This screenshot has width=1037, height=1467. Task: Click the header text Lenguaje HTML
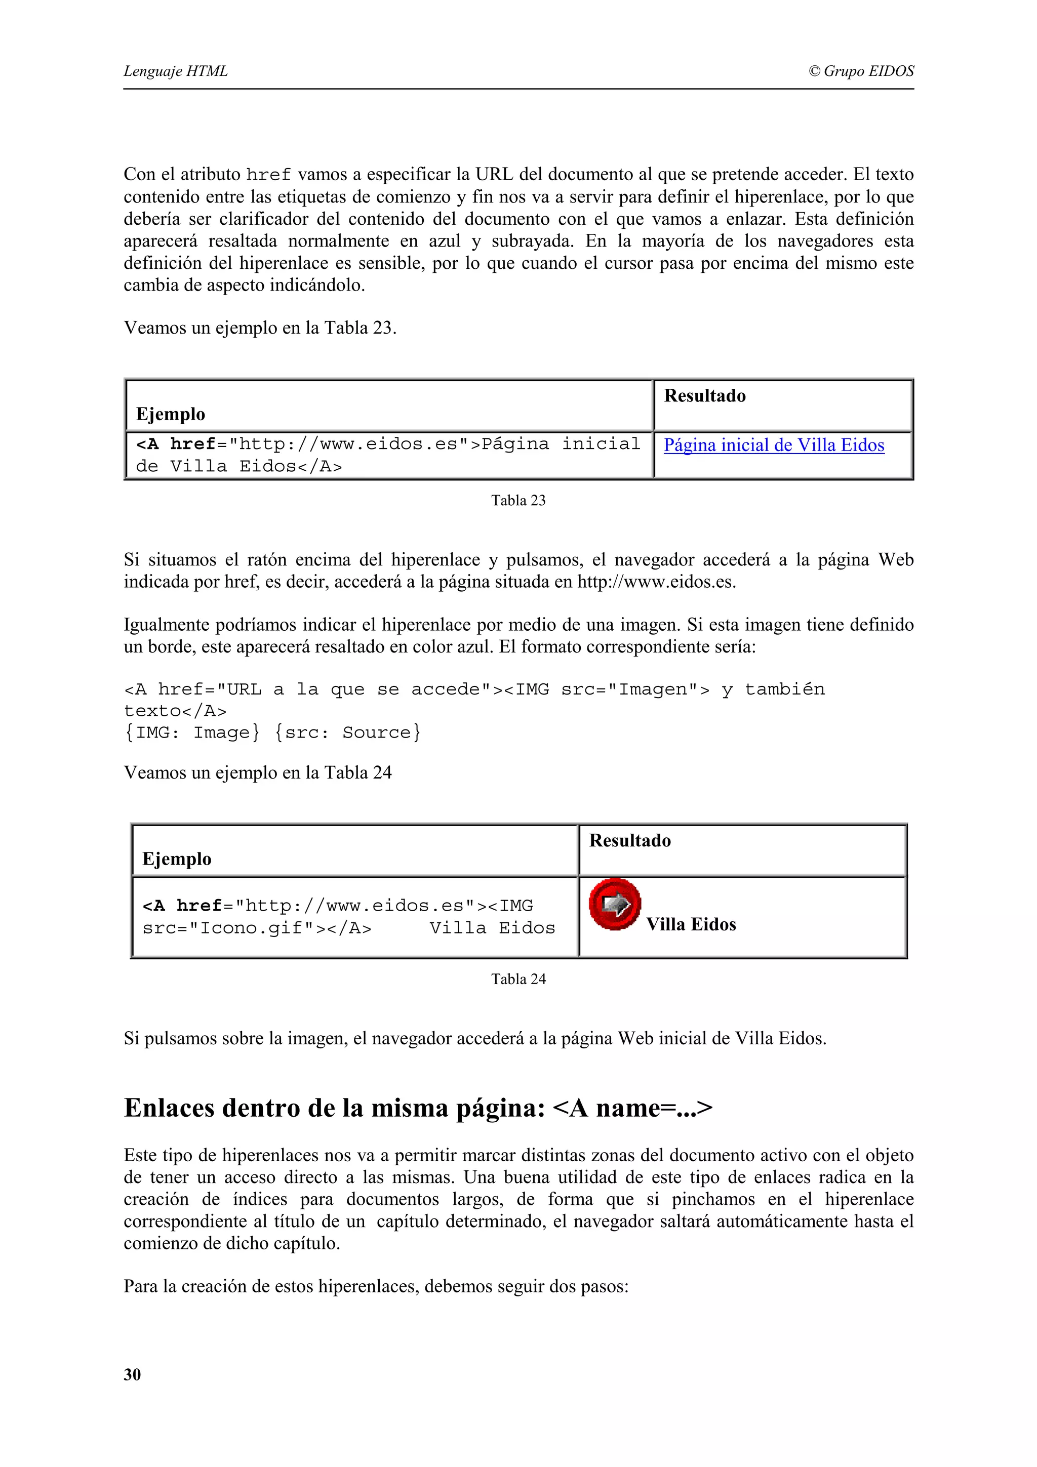click(176, 71)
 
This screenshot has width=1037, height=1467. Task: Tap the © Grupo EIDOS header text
click(861, 71)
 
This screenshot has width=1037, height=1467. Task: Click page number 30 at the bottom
click(132, 1374)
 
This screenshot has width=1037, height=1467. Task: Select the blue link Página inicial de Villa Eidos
click(774, 445)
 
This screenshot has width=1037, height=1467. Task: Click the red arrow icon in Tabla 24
click(615, 904)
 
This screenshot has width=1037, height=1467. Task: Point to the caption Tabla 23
click(518, 500)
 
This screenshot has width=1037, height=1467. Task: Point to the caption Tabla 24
click(518, 979)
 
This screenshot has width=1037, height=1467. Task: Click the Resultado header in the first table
click(705, 396)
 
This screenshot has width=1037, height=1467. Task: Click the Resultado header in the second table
click(630, 841)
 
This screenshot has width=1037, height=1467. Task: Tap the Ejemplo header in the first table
click(171, 414)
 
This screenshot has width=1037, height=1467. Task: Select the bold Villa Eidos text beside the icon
click(691, 924)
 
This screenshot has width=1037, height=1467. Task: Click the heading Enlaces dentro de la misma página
click(418, 1108)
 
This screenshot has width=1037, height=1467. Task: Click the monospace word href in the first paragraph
click(268, 175)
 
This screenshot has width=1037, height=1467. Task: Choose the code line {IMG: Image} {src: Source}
click(272, 732)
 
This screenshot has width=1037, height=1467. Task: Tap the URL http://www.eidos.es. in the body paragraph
click(656, 582)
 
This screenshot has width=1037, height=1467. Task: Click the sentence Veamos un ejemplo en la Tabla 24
click(258, 773)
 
